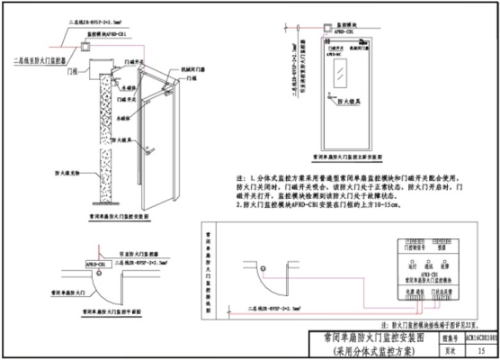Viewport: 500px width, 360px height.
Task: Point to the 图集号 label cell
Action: point(431,336)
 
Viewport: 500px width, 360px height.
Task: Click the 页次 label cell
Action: point(431,348)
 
